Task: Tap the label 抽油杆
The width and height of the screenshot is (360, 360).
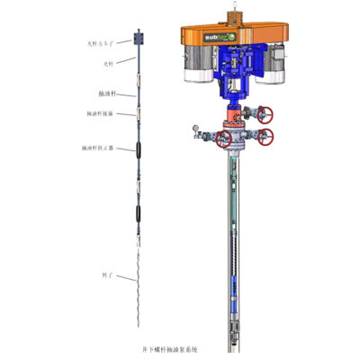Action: [x=108, y=93]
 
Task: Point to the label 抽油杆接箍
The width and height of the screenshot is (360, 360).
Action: [x=104, y=114]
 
